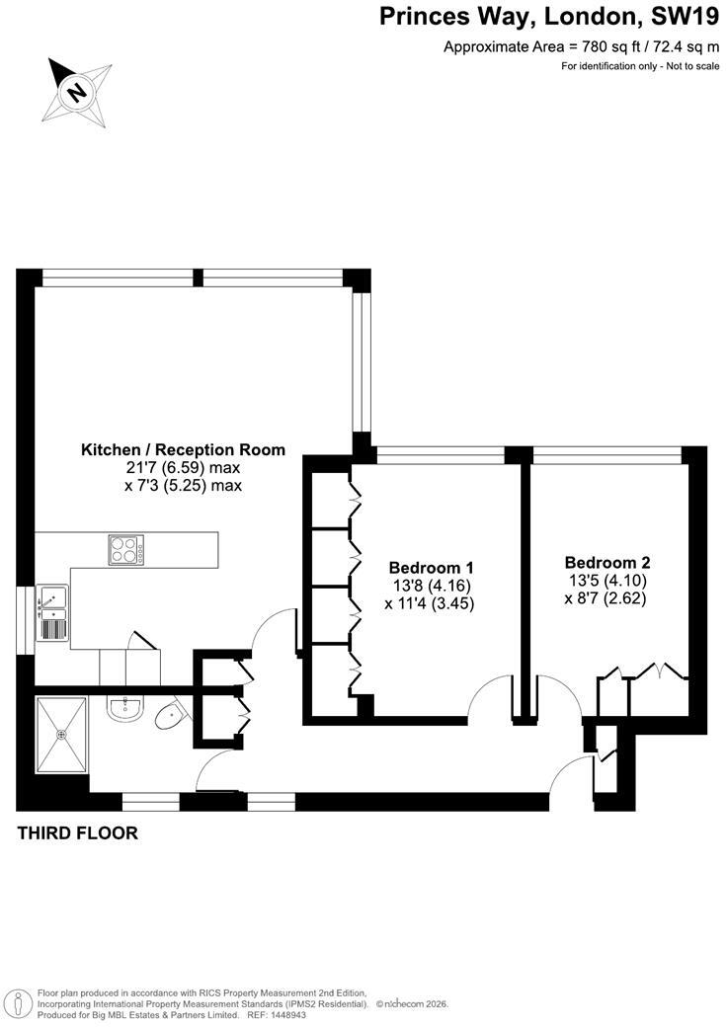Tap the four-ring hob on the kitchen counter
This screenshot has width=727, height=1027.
126,550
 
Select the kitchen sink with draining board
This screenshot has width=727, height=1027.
52,613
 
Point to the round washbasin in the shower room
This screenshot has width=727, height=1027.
123,709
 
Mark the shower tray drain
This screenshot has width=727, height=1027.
62,735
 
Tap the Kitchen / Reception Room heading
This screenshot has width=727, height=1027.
183,450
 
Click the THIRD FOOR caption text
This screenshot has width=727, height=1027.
77,833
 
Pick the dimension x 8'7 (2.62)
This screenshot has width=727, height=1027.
606,598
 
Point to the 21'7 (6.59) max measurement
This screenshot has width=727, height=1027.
184,468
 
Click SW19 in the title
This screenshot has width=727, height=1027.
684,17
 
